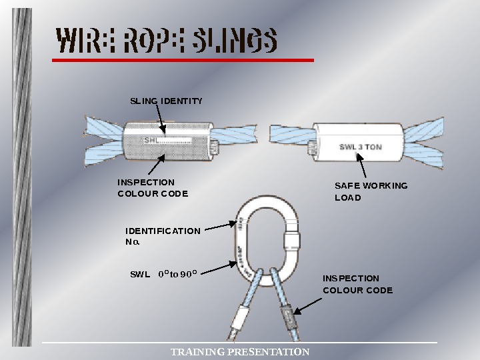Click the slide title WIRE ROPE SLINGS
167,41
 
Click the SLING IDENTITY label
165,101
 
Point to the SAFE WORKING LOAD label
371,191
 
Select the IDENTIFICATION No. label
163,236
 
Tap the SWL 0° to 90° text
163,273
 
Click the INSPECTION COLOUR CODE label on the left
153,187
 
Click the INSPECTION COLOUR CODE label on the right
357,284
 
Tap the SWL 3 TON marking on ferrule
361,147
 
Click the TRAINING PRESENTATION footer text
240,351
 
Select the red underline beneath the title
183,60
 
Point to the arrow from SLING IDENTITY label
162,121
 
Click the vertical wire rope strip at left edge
22,180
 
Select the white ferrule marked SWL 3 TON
358,141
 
